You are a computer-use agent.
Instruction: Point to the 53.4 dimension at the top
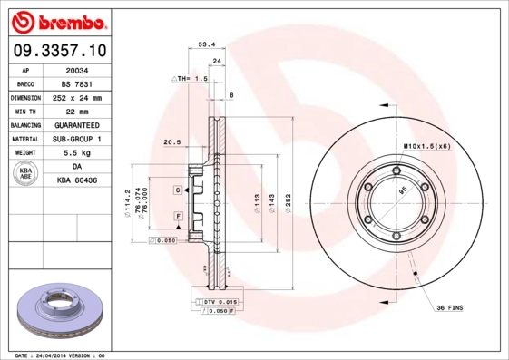[x=206, y=42]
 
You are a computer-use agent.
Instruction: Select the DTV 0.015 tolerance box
[x=217, y=300]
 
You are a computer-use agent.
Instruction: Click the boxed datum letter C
[x=179, y=190]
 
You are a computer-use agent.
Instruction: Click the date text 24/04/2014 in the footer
[x=66, y=355]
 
